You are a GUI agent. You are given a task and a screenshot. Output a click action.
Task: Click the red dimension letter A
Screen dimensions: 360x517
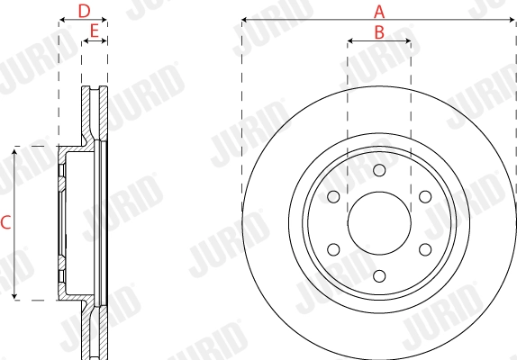[x=379, y=12]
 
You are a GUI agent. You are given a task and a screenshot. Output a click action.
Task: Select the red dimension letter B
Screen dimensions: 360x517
[x=379, y=31]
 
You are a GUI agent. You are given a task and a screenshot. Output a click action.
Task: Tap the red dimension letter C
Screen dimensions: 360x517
[x=5, y=222]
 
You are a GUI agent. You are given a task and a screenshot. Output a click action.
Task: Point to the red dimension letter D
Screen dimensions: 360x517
[x=84, y=11]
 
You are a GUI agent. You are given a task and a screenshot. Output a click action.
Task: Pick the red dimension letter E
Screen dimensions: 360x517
[x=94, y=31]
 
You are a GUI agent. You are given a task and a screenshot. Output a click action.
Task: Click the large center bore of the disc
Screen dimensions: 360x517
[x=378, y=222]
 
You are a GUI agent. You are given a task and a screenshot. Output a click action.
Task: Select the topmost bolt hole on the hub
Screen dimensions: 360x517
[x=378, y=171]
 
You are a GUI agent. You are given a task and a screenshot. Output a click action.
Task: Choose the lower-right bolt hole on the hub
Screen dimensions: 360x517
[x=423, y=248]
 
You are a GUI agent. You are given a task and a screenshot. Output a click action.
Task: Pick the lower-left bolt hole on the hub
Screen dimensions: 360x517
[x=334, y=248]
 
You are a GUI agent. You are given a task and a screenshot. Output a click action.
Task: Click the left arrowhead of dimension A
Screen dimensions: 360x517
[x=245, y=20]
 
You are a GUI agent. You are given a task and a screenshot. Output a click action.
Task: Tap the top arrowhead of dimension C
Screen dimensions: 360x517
[x=15, y=150]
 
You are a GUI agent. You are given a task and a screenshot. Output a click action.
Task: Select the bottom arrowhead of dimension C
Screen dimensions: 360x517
[x=15, y=296]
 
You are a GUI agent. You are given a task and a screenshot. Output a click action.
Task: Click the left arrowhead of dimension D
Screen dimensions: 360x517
[x=61, y=20]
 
